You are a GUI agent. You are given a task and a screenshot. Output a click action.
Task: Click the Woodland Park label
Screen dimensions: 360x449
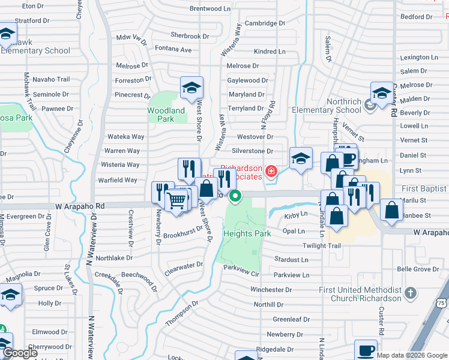[166, 115]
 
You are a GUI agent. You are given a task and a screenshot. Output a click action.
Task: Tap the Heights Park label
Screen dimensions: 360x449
[243, 233]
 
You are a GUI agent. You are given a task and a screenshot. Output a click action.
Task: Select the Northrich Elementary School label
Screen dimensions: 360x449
[327, 106]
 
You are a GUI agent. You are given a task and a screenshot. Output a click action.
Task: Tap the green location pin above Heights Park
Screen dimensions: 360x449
[236, 196]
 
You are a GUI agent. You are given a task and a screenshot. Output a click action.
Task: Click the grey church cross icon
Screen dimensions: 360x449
[410, 293]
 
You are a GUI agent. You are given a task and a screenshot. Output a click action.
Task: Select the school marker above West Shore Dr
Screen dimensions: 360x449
[191, 88]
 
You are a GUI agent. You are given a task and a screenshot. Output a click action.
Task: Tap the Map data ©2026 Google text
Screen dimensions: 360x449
[412, 355]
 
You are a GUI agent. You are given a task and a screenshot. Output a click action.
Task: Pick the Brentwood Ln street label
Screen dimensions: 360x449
[210, 9]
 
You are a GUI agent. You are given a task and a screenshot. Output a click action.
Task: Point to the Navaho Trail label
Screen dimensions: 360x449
[51, 79]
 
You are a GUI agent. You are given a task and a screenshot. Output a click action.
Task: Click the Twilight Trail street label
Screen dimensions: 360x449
[304, 246]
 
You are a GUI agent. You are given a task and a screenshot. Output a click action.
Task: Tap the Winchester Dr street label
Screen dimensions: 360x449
[271, 290]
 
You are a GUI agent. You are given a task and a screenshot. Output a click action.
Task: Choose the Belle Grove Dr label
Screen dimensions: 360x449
[418, 269]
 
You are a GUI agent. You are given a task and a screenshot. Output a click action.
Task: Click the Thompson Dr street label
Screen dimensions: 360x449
[182, 314]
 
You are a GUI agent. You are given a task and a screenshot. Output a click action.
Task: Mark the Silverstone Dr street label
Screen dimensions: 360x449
[252, 151]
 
